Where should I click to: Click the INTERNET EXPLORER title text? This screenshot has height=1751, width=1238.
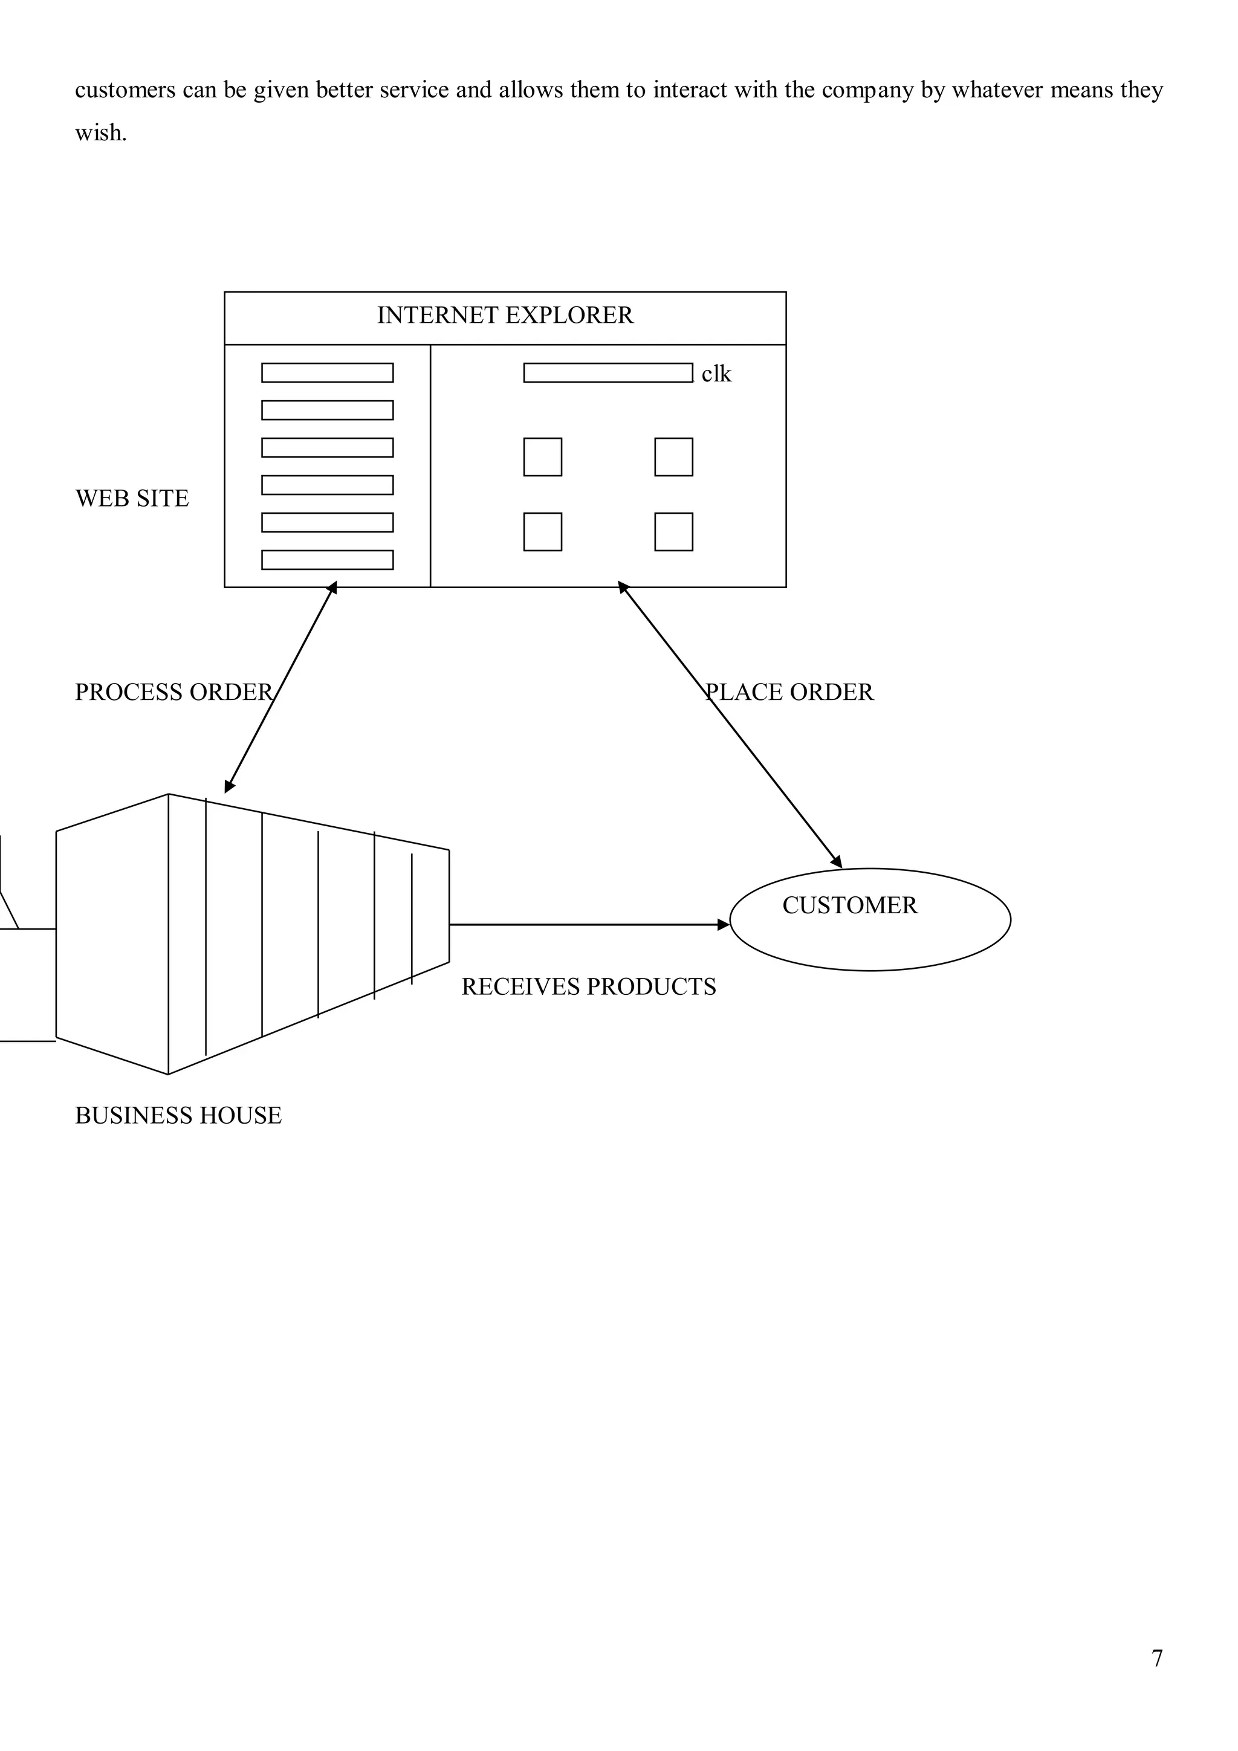pos(505,315)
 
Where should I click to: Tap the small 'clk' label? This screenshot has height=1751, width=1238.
pos(716,374)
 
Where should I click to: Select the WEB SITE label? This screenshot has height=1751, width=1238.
pos(132,498)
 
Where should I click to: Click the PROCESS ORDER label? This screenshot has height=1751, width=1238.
pos(173,691)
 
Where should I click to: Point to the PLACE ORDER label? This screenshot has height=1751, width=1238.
pos(789,691)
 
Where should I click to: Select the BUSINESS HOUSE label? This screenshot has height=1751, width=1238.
pos(178,1115)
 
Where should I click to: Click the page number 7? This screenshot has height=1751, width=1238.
pos(1157,1658)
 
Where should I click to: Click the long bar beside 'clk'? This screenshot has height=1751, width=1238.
pos(608,373)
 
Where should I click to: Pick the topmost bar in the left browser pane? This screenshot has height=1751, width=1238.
pos(327,373)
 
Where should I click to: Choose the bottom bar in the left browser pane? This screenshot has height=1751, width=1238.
pos(327,560)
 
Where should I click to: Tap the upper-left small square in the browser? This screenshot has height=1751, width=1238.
pos(542,457)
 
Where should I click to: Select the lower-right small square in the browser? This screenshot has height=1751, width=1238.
pos(673,531)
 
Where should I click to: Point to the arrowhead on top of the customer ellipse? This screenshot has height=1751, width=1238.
pos(837,862)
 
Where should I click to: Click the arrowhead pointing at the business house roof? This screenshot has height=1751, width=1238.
pos(229,787)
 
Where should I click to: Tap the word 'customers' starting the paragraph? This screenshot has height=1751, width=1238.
pos(125,90)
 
